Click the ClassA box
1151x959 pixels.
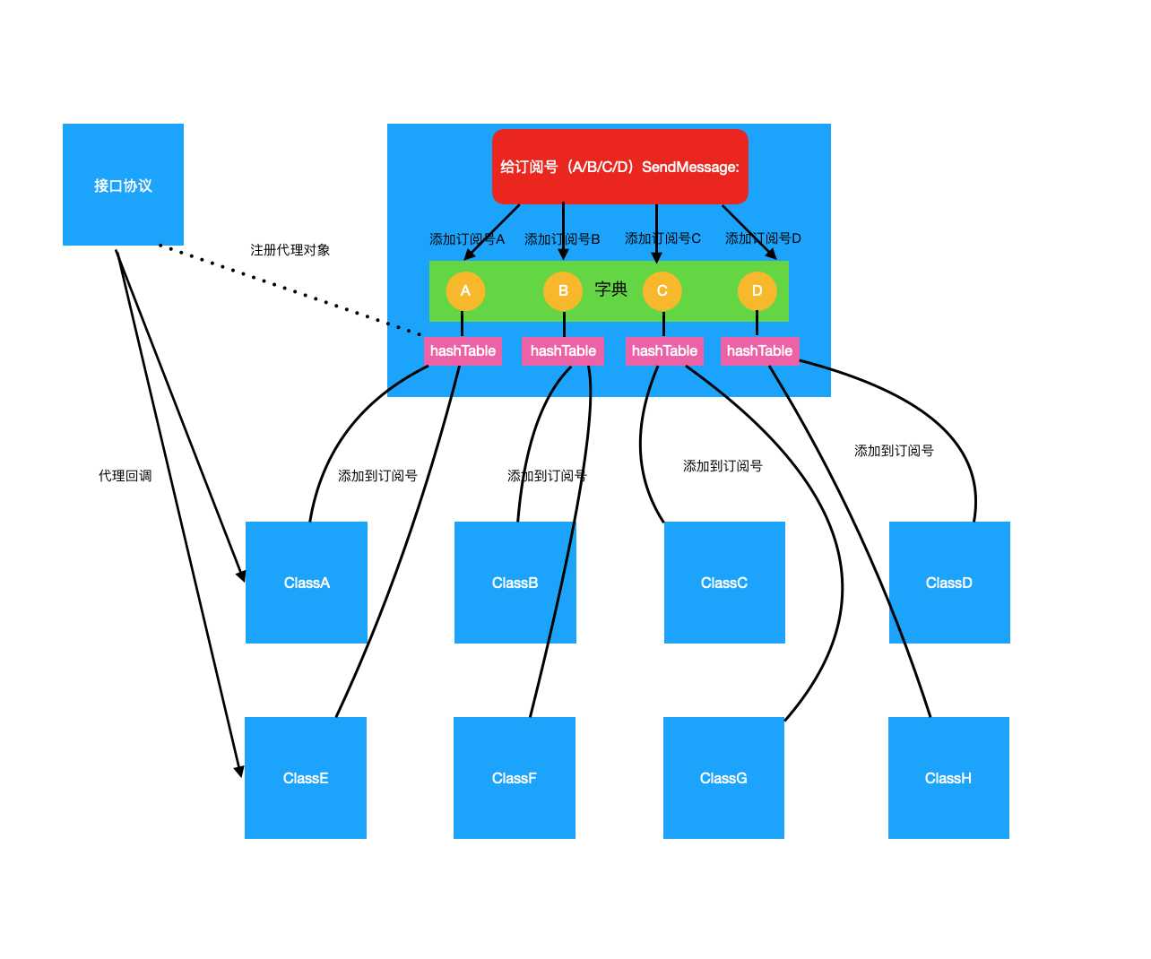(x=307, y=583)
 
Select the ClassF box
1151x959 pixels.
(x=515, y=778)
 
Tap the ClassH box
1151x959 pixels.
(x=948, y=778)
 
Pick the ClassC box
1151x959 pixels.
(x=724, y=583)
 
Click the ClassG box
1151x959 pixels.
(x=723, y=778)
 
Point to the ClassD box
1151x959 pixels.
(x=949, y=583)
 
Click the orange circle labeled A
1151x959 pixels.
(x=465, y=290)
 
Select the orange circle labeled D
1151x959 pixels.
(x=757, y=290)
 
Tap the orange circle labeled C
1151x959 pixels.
(x=662, y=290)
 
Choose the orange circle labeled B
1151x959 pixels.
(x=563, y=290)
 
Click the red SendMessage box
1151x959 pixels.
(x=619, y=167)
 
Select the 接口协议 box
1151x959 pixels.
(x=123, y=185)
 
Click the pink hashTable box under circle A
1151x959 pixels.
(x=463, y=350)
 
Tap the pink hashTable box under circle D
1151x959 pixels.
(x=759, y=350)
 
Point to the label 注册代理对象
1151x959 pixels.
(x=290, y=250)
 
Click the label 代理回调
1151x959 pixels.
(x=125, y=476)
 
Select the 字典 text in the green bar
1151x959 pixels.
(x=610, y=289)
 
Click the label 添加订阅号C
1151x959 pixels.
(x=662, y=238)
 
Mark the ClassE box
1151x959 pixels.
(x=306, y=778)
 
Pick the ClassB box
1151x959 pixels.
(x=515, y=583)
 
